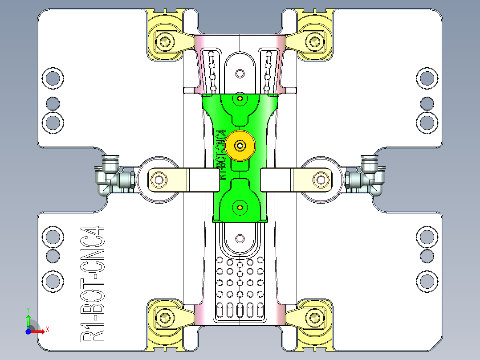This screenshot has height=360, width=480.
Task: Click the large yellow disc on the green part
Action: pyautogui.click(x=240, y=146)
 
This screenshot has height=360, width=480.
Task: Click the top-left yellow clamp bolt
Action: pyautogui.click(x=166, y=42)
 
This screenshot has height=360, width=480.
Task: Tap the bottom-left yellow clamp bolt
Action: pyautogui.click(x=166, y=318)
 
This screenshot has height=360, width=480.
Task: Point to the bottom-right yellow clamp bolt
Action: pyautogui.click(x=314, y=318)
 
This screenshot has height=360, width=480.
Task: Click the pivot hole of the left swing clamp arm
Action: pyautogui.click(x=159, y=180)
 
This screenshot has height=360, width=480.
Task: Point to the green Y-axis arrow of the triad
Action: pyautogui.click(x=28, y=319)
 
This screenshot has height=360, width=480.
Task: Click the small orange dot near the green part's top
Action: pyautogui.click(x=240, y=98)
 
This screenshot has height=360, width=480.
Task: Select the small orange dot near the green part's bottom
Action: pyautogui.click(x=240, y=208)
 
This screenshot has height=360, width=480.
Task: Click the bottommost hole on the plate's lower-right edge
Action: pyautogui.click(x=427, y=281)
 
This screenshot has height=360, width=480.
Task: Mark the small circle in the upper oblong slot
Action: pyautogui.click(x=240, y=73)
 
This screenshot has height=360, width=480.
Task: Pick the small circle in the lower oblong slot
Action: pyautogui.click(x=240, y=238)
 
